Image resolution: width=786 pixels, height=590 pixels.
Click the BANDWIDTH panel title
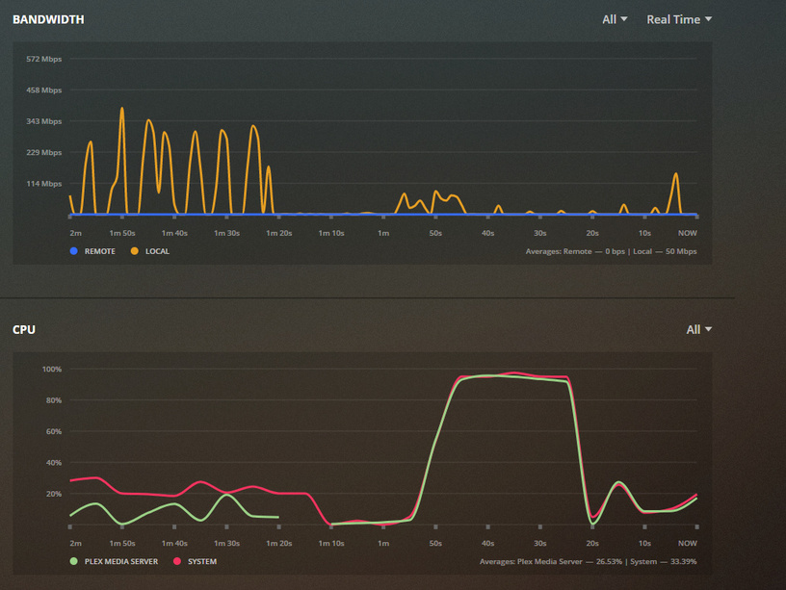point(47,19)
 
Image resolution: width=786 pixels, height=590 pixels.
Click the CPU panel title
point(23,329)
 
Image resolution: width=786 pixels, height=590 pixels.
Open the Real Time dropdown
point(679,19)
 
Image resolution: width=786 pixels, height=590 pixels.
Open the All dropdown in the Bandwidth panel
point(615,19)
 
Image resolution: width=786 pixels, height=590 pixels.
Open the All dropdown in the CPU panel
point(698,329)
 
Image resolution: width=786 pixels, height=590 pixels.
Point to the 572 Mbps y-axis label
point(44,59)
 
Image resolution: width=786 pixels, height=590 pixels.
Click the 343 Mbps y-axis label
point(44,121)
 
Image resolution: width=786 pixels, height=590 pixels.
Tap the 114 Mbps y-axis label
point(44,184)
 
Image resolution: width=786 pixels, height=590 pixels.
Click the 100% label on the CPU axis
point(52,369)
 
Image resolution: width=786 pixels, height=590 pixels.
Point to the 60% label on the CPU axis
point(53,431)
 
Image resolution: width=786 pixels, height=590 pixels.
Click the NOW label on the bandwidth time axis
point(688,233)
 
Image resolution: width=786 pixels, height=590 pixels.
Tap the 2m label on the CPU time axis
point(75,543)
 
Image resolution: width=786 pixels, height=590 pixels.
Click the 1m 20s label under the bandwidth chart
point(279,233)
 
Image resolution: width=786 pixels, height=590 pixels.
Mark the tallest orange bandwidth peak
point(122,109)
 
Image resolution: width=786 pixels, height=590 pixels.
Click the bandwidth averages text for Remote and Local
point(611,251)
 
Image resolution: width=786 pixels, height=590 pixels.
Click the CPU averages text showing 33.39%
point(588,561)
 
